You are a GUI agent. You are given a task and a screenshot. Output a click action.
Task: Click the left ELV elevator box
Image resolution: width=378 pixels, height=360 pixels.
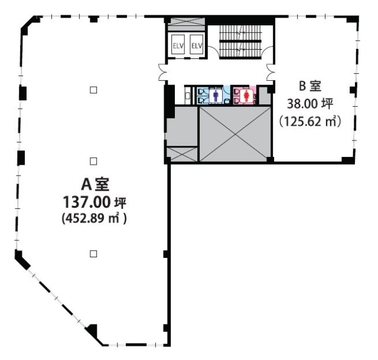(x=178, y=45)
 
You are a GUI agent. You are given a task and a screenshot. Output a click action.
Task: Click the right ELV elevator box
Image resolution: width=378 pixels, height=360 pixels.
(x=197, y=45)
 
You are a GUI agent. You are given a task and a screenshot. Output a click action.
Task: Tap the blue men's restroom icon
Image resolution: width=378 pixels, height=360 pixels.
(x=217, y=94)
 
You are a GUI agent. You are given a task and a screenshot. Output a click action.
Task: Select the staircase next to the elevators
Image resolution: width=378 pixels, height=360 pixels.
(x=240, y=39)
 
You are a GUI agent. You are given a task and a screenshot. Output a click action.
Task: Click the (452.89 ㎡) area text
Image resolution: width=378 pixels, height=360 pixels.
(x=94, y=218)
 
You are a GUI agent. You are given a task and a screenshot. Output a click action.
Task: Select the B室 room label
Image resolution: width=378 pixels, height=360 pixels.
(x=309, y=87)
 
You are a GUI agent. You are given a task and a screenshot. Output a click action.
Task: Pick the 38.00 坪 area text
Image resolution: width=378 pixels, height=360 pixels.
(x=309, y=104)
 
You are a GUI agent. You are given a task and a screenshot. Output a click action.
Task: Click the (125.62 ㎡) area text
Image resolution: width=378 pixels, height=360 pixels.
(x=309, y=122)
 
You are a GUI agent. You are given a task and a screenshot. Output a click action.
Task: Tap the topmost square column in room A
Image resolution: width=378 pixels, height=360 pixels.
(x=93, y=90)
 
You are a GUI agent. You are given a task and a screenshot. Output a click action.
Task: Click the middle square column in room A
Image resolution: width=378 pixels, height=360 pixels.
(x=93, y=161)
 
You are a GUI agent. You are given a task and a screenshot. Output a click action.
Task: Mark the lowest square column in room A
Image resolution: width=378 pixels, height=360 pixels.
(x=93, y=254)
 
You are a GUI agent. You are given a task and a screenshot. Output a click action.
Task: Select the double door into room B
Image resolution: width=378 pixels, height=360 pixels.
(x=272, y=72)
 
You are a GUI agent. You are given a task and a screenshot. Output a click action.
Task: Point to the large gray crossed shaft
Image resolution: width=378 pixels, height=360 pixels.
(x=234, y=133)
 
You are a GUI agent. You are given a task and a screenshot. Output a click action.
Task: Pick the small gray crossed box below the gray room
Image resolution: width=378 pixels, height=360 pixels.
(x=182, y=153)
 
